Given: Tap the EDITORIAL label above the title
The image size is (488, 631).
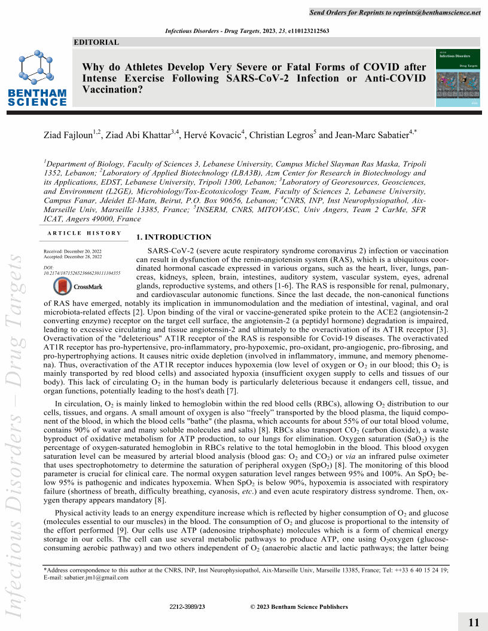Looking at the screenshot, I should (x=96, y=42).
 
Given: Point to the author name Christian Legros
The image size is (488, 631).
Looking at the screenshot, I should (x=281, y=135).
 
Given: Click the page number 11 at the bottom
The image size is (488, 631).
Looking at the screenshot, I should (x=474, y=623).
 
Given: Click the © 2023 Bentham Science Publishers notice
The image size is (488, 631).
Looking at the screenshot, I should (x=298, y=607).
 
